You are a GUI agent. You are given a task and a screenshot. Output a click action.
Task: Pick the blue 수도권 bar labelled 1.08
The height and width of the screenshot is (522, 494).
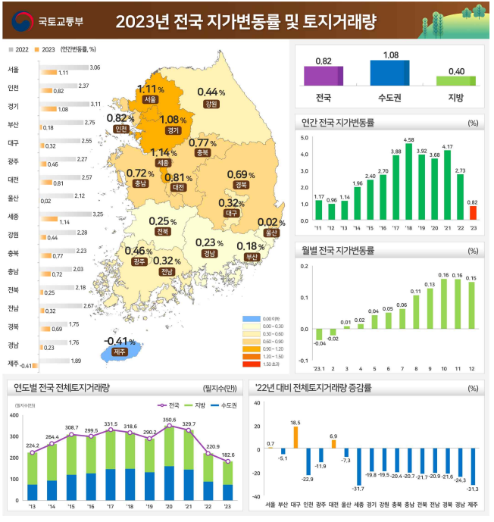(x=390, y=73)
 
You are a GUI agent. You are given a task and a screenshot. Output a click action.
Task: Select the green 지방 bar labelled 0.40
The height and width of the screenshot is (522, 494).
(x=455, y=80)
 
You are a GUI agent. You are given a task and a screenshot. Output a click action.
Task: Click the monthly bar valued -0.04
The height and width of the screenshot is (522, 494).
(x=319, y=334)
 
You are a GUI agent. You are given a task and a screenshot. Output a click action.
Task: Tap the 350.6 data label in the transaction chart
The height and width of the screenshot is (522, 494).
(x=168, y=420)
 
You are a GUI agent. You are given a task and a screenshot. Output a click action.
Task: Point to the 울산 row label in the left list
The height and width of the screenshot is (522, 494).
(x=13, y=197)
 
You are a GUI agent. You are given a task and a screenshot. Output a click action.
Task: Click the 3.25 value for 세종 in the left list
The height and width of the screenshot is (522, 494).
(x=96, y=214)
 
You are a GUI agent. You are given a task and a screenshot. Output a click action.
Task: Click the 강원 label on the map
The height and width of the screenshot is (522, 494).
(x=211, y=103)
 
